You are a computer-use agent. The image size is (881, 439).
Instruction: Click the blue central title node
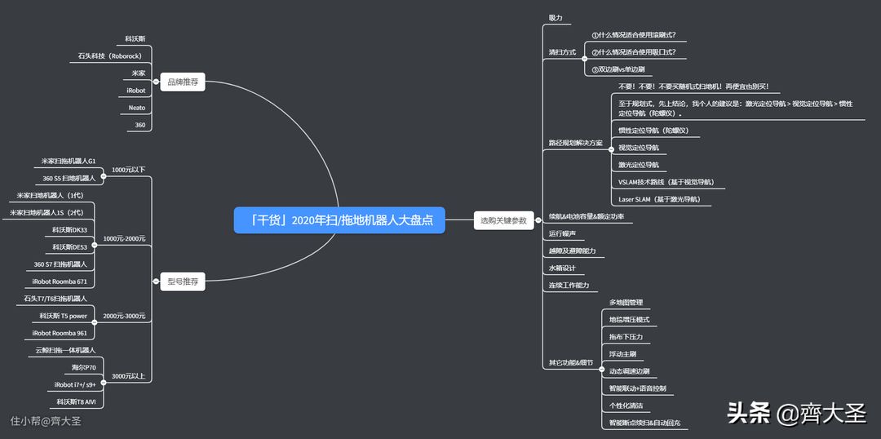click(339, 220)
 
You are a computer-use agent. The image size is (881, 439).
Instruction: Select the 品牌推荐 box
click(182, 82)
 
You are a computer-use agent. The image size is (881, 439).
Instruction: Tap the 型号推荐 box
click(182, 282)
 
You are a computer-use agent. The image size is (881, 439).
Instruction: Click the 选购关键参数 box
click(504, 220)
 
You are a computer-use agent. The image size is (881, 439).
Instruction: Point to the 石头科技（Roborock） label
click(110, 55)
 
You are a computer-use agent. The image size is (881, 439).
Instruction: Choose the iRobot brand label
click(135, 91)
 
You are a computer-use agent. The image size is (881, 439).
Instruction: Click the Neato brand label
click(136, 108)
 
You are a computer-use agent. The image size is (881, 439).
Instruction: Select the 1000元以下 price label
click(128, 170)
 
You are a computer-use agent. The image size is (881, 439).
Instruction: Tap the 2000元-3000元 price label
click(124, 316)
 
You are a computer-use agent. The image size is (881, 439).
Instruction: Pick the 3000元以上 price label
click(128, 376)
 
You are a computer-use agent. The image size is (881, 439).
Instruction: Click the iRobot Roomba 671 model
click(60, 282)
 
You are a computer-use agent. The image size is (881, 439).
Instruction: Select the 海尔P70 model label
click(83, 368)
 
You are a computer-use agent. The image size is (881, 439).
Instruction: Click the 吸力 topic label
click(555, 18)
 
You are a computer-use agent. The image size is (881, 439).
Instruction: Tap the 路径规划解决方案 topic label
click(575, 143)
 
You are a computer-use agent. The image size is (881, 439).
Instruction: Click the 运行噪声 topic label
click(562, 233)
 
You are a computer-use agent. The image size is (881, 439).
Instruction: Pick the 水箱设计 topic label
click(562, 268)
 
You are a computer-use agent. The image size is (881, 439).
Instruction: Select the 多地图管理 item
click(626, 303)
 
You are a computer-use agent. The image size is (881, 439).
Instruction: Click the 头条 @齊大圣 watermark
click(795, 413)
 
